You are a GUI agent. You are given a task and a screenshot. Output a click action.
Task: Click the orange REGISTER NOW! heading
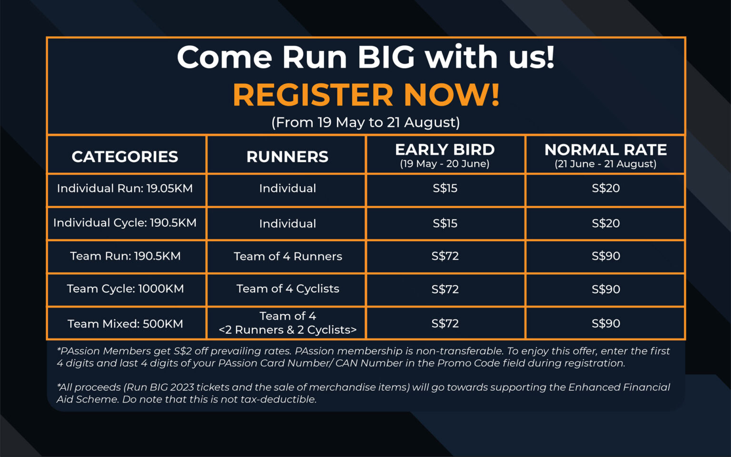pyautogui.click(x=366, y=95)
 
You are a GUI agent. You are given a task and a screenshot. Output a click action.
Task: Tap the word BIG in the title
pyautogui.click(x=386, y=57)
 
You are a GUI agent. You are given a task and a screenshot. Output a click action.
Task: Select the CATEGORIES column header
pyautogui.click(x=125, y=157)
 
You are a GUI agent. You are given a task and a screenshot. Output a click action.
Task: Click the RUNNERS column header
pyautogui.click(x=287, y=157)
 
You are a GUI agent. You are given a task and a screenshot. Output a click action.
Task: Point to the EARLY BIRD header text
pyautogui.click(x=445, y=150)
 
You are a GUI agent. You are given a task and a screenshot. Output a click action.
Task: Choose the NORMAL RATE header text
pyautogui.click(x=606, y=150)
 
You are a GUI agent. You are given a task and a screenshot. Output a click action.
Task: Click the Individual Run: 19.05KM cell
pyautogui.click(x=125, y=189)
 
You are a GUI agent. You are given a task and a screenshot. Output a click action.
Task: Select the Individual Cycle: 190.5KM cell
pyautogui.click(x=125, y=223)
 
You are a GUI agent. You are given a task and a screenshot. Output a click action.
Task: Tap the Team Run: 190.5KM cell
pyautogui.click(x=125, y=256)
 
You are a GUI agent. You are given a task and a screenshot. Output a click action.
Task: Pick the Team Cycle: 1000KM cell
pyautogui.click(x=125, y=288)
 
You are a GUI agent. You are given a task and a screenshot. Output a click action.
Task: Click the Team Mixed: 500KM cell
pyautogui.click(x=125, y=324)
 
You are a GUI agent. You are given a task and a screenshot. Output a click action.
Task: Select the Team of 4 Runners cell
pyautogui.click(x=288, y=256)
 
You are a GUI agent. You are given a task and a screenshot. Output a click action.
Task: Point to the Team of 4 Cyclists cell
pyautogui.click(x=288, y=288)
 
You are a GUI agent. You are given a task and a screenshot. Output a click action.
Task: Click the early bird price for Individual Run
pyautogui.click(x=445, y=188)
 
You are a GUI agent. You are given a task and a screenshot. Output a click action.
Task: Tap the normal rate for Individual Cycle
pyautogui.click(x=606, y=223)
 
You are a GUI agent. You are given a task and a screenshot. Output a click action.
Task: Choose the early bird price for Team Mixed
pyautogui.click(x=445, y=324)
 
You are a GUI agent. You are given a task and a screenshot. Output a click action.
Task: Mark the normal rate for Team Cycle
pyautogui.click(x=606, y=289)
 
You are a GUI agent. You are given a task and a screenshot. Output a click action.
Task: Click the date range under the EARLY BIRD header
pyautogui.click(x=445, y=164)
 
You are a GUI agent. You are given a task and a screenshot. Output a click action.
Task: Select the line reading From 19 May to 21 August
pyautogui.click(x=366, y=122)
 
